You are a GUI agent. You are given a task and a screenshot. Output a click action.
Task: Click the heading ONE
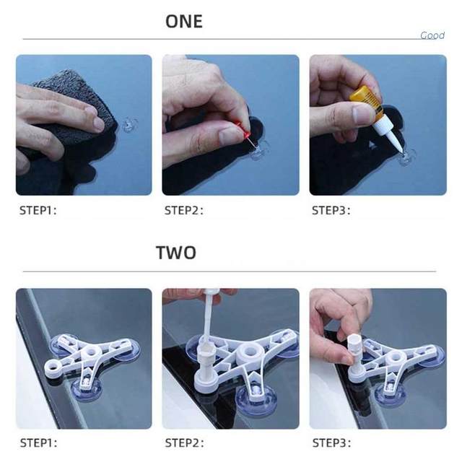184,21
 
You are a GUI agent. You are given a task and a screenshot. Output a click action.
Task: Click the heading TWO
176,253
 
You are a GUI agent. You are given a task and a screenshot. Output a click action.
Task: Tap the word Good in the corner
432,35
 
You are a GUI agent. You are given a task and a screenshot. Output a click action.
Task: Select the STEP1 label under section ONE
38,210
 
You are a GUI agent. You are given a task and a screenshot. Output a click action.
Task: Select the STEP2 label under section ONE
184,210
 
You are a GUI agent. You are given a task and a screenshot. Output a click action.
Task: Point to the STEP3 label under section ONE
331,210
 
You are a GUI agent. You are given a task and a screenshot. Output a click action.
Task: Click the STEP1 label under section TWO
38,443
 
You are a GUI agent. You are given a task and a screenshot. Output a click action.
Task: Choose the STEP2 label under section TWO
185,443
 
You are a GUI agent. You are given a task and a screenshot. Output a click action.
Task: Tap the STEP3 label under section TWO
332,443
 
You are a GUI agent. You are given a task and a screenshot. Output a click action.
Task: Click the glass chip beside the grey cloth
130,125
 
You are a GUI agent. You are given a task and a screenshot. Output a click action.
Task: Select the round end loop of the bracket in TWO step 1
53,366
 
